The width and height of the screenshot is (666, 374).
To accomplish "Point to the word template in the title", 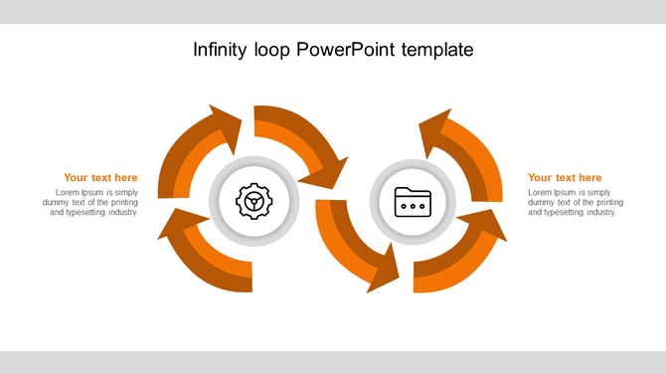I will (x=438, y=49).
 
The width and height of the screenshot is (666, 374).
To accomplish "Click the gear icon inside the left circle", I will (x=253, y=202).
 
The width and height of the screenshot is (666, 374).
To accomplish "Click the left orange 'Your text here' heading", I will (x=100, y=178).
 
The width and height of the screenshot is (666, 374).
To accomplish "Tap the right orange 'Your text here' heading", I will (x=565, y=178).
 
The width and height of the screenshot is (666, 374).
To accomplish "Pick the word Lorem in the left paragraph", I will (x=68, y=192).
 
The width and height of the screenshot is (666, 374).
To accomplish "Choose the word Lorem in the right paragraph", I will (x=540, y=192).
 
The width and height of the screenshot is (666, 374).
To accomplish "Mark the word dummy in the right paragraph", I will (x=541, y=202).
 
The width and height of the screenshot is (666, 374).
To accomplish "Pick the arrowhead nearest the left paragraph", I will (x=175, y=225).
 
